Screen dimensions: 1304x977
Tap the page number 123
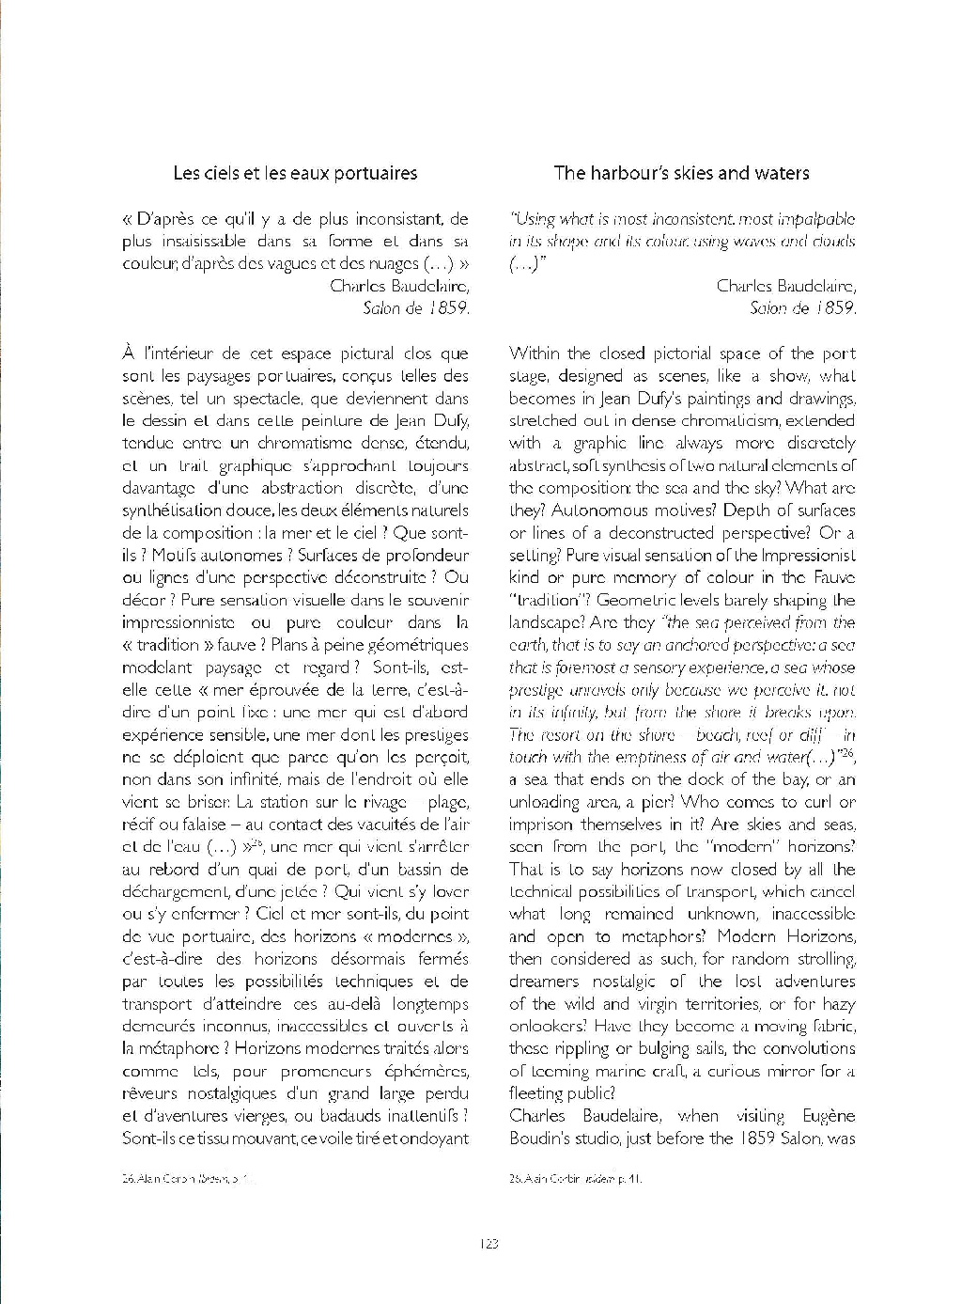pyautogui.click(x=488, y=1244)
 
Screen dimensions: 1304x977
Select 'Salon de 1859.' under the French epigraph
pyautogui.click(x=415, y=308)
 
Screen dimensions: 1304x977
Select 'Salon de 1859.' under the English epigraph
pyautogui.click(x=802, y=308)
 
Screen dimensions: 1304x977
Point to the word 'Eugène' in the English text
pyautogui.click(x=829, y=1116)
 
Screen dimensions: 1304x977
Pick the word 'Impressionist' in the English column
pyautogui.click(x=808, y=555)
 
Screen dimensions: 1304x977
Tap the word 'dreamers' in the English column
pyautogui.click(x=545, y=982)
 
